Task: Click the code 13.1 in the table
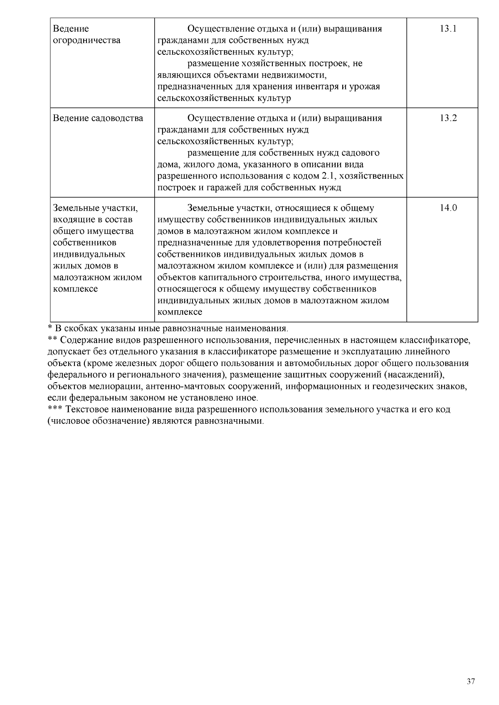448,29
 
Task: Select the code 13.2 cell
448,118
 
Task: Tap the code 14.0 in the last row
448,208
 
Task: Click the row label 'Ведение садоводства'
98,118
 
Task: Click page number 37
471,681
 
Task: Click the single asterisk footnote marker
49,327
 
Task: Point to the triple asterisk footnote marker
54,409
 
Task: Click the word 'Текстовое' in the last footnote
86,410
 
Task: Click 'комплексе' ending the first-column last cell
76,289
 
